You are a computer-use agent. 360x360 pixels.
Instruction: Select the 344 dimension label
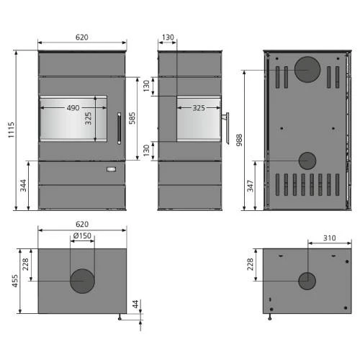(x=23, y=185)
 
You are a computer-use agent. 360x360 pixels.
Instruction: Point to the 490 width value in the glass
(x=73, y=108)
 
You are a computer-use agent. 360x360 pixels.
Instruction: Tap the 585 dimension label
(x=132, y=118)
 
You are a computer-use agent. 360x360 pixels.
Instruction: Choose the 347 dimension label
(x=249, y=186)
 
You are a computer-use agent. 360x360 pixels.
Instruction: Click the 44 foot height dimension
(x=135, y=304)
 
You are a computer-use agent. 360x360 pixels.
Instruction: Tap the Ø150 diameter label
(x=81, y=237)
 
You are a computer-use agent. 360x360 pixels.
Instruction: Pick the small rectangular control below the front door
(x=111, y=169)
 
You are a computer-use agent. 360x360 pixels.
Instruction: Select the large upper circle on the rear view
(x=307, y=70)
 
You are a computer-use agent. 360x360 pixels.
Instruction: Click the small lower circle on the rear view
(x=307, y=160)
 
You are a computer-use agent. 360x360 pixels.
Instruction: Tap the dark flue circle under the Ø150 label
(x=81, y=281)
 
